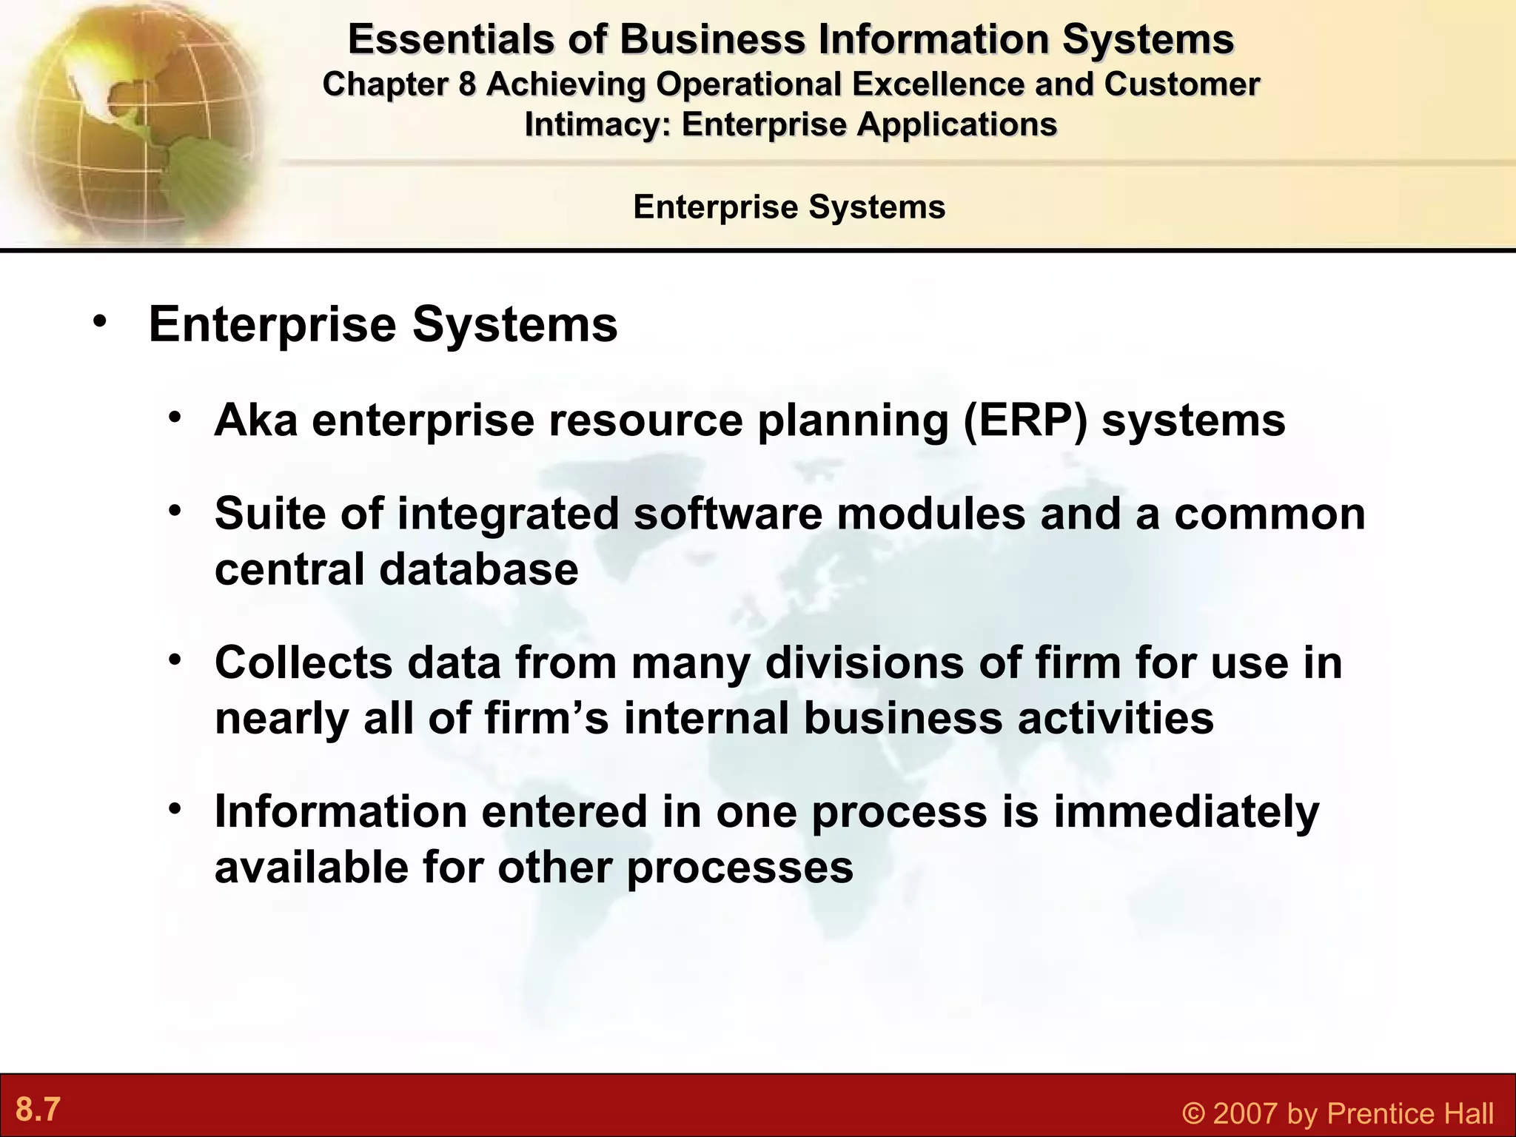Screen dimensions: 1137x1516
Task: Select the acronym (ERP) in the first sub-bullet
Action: tap(1025, 420)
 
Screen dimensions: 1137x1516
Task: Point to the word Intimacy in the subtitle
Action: tap(597, 124)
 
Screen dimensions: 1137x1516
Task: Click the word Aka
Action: tap(256, 420)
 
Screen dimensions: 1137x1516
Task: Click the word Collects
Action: tap(303, 662)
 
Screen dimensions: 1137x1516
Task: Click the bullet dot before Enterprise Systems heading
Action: tap(100, 323)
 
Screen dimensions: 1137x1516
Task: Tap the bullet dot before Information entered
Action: tap(174, 809)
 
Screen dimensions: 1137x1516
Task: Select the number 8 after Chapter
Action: tap(466, 84)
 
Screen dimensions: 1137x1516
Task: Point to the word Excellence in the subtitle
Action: tap(939, 84)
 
